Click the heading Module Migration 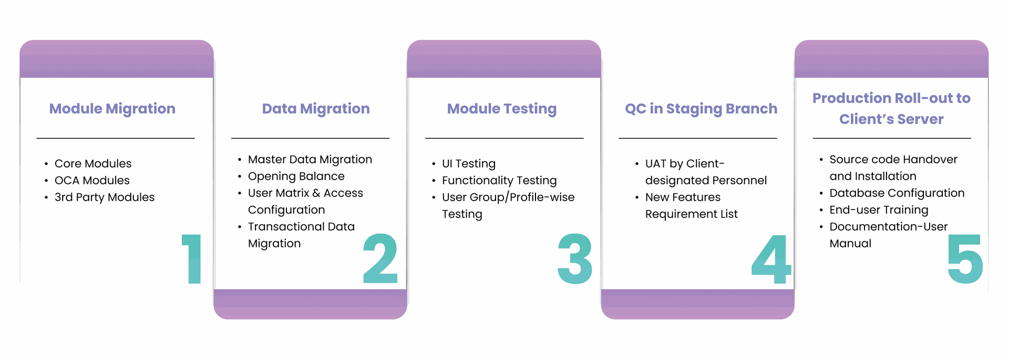tap(112, 109)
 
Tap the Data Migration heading tap(316, 109)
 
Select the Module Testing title tap(502, 109)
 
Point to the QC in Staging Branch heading tap(701, 109)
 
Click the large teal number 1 tap(192, 259)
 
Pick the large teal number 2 tap(380, 259)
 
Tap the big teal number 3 tap(575, 259)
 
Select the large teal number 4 tap(771, 259)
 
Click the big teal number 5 tap(965, 259)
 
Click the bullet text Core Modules tap(93, 163)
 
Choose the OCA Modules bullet tap(92, 180)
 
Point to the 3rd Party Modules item tap(105, 197)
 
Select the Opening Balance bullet tap(296, 176)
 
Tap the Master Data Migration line tap(310, 159)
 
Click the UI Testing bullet tap(469, 163)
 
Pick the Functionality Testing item tap(499, 180)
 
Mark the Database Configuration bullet tap(897, 193)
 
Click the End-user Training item tap(879, 210)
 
